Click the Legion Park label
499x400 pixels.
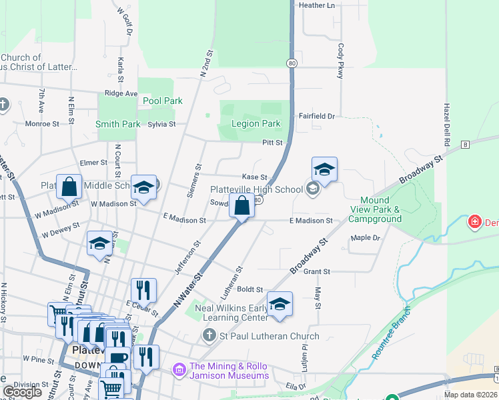(x=256, y=123)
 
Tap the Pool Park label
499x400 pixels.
(x=163, y=101)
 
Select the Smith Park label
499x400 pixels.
(x=117, y=124)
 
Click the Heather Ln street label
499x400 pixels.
(x=317, y=5)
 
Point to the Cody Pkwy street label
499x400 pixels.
(x=341, y=61)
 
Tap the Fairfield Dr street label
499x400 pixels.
(x=316, y=115)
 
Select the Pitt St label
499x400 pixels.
(x=272, y=142)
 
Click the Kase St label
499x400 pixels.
(x=254, y=177)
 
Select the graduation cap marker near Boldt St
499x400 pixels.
(x=280, y=304)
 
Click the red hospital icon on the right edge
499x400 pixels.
(x=474, y=221)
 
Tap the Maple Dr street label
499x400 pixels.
(x=365, y=237)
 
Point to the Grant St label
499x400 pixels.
(x=317, y=272)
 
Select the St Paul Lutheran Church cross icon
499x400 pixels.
(x=209, y=336)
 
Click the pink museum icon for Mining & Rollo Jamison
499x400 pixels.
(x=179, y=369)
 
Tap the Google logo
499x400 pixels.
(x=23, y=392)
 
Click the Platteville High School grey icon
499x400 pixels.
(x=312, y=189)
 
